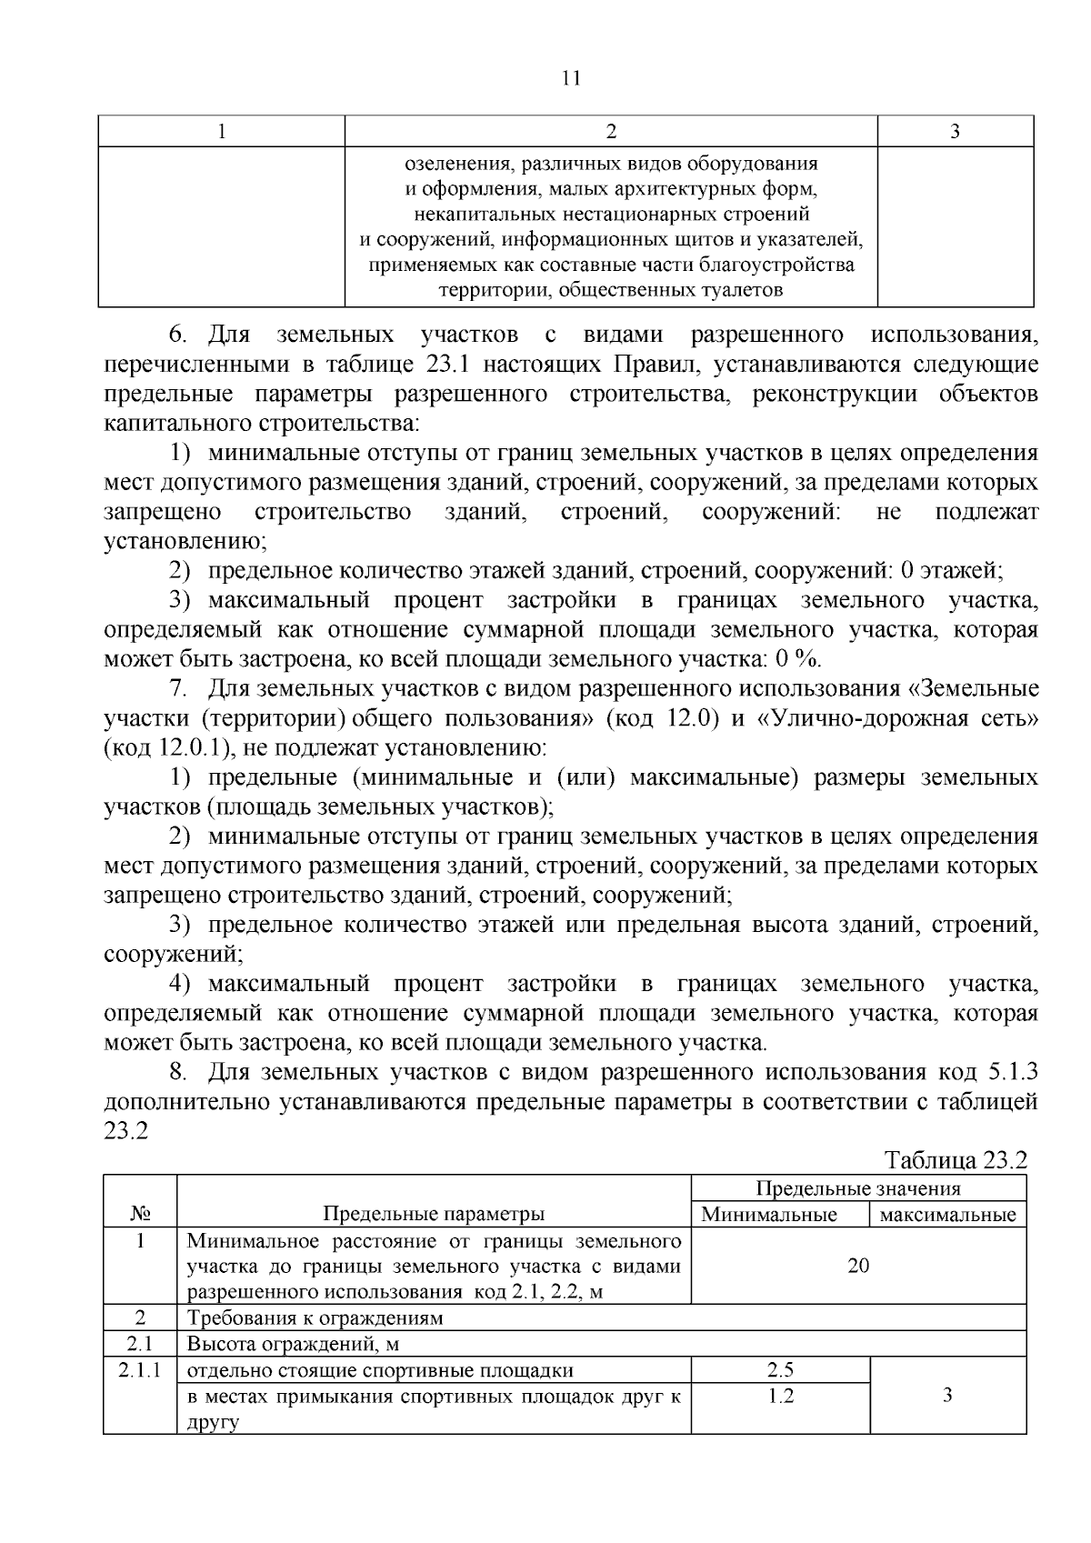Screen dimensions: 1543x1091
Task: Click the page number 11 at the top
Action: point(571,78)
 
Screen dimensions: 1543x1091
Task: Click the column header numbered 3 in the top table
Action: point(955,132)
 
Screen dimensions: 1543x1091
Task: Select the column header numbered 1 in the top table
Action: point(221,132)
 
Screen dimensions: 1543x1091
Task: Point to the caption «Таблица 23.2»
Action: point(956,1160)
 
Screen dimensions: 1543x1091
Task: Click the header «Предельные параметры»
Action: point(434,1214)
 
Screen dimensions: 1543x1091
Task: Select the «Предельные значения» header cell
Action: point(857,1188)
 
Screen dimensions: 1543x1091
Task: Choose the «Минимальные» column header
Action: point(768,1215)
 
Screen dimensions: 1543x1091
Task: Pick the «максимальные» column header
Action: point(947,1215)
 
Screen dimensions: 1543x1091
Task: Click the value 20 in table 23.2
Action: point(857,1266)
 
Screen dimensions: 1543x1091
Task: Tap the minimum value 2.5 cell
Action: point(780,1370)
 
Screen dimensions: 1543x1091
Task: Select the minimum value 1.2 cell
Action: point(780,1396)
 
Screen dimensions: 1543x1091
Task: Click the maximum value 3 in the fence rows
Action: point(947,1395)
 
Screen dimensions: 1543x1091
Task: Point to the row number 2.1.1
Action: point(140,1370)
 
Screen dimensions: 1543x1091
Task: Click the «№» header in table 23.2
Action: point(140,1214)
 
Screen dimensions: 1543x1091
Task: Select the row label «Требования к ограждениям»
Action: point(315,1318)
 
